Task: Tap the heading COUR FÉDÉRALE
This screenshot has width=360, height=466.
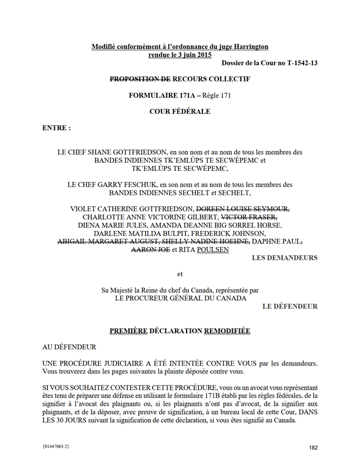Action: coord(180,111)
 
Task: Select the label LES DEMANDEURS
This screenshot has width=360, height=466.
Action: coord(284,258)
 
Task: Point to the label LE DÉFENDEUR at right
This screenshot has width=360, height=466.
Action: coord(290,306)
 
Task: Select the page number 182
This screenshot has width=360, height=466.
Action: coord(313,448)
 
